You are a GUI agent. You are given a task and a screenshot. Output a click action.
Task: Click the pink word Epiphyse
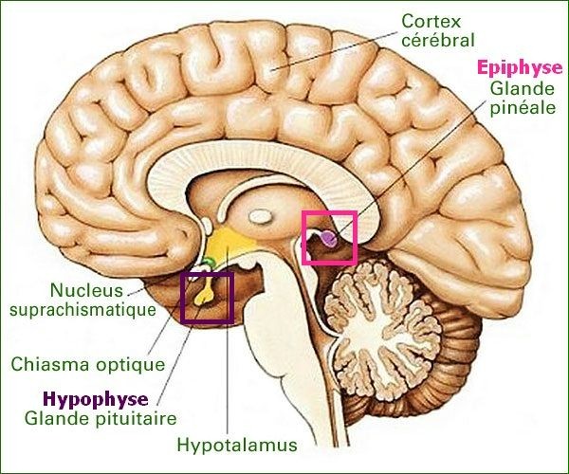[x=513, y=68]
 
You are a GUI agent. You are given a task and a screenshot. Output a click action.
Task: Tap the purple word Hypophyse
[x=94, y=399]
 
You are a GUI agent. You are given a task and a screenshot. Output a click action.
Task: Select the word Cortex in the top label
[x=430, y=20]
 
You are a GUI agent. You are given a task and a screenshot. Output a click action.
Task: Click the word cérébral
[x=437, y=40]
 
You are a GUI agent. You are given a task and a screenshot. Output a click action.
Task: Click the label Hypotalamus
[x=237, y=444]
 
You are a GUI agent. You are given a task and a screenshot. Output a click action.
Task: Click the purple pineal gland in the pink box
[x=326, y=240]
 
